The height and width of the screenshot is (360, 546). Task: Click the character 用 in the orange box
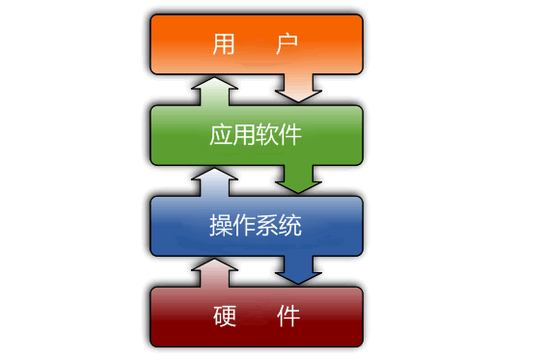pos(223,43)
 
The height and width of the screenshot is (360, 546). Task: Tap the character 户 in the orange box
pos(287,43)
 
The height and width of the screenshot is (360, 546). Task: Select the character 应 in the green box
pos(221,134)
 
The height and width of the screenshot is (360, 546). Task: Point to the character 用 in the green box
pos(244,134)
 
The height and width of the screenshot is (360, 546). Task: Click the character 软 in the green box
pos(267,134)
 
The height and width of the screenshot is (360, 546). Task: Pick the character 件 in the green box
pos(290,134)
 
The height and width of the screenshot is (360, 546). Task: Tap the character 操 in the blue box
pos(221,226)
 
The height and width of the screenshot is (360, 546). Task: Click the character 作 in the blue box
pos(244,226)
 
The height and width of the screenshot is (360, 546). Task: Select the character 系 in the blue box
pos(267,226)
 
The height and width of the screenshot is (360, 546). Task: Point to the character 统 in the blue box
pos(290,226)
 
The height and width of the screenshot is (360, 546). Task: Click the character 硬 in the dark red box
pos(225,317)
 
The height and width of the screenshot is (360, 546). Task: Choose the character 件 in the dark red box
pos(288,317)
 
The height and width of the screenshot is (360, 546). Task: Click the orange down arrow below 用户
pos(298,88)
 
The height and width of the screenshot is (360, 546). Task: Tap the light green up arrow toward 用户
pos(214,92)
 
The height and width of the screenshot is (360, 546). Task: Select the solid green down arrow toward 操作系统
pos(298,179)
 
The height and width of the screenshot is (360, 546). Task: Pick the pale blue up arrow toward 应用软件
pos(214,182)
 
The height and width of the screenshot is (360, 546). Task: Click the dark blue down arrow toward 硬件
pos(298,269)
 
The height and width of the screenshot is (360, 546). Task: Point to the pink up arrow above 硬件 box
pos(214,273)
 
